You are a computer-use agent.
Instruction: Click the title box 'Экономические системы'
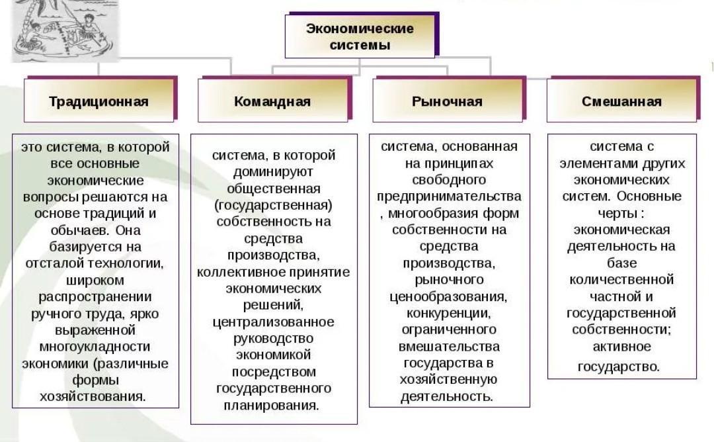click(x=360, y=36)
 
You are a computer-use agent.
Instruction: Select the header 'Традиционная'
click(x=99, y=101)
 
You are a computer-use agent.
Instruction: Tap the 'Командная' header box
click(x=272, y=101)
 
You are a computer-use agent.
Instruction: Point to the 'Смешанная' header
click(x=621, y=101)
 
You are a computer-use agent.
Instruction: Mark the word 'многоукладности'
click(x=95, y=347)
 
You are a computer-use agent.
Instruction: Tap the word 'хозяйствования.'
click(x=93, y=396)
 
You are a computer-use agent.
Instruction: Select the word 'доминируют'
click(x=273, y=172)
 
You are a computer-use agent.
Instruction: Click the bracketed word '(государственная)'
click(x=274, y=205)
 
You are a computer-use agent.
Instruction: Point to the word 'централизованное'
click(x=273, y=322)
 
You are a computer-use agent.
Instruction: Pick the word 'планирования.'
click(x=274, y=405)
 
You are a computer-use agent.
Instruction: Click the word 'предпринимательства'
click(x=450, y=197)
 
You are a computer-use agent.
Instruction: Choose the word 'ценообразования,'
click(x=449, y=296)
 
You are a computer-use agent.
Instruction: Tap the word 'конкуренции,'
click(x=449, y=312)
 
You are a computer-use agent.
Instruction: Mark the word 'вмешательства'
click(x=449, y=346)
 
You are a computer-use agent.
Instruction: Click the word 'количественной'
click(x=621, y=279)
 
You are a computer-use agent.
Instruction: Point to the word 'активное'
click(x=621, y=346)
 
